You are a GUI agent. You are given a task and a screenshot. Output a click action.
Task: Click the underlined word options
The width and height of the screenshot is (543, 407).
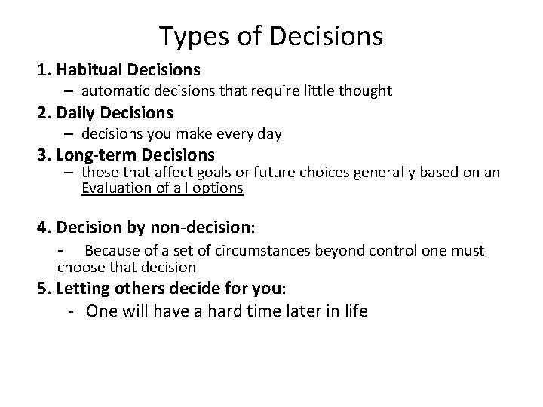(x=218, y=188)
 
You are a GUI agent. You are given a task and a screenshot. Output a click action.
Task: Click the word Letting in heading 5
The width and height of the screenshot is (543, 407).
(x=81, y=288)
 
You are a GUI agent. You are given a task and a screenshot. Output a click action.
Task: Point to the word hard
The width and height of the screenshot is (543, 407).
(x=219, y=311)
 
